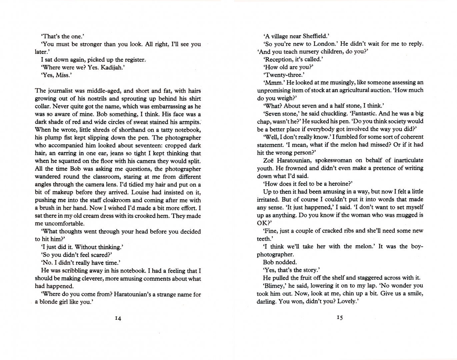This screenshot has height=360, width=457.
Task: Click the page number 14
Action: click(x=118, y=318)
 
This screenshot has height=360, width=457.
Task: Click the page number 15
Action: click(x=340, y=318)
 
